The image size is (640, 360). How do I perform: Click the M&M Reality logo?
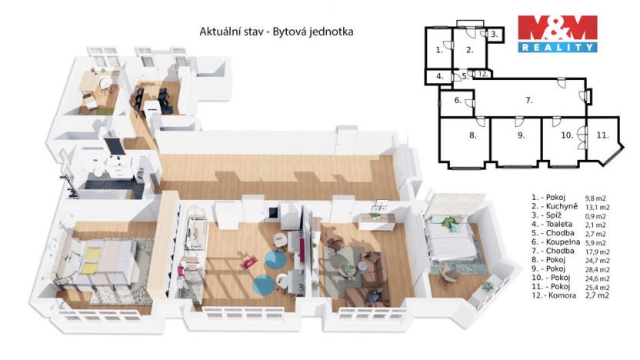pyautogui.click(x=557, y=34)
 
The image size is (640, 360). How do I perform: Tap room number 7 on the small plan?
pyautogui.click(x=529, y=100)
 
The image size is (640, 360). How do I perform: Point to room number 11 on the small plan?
pyautogui.click(x=602, y=135)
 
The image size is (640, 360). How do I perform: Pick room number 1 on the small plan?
pyautogui.click(x=438, y=50)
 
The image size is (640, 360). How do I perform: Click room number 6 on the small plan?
pyautogui.click(x=457, y=101)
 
